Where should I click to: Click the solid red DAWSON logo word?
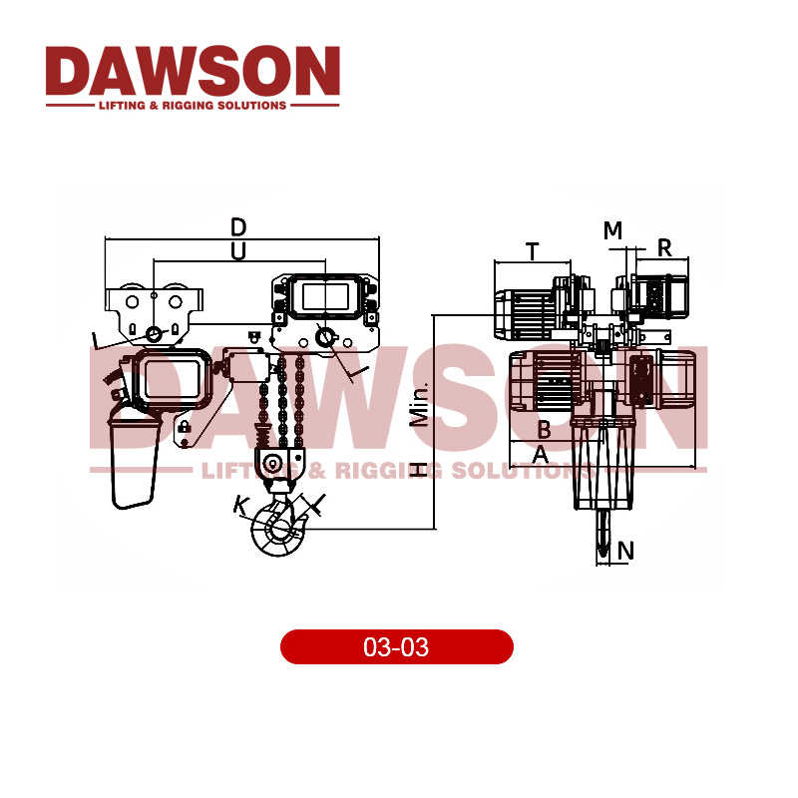point(193,71)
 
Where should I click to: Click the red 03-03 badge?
point(396,647)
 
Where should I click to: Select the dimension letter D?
point(238,226)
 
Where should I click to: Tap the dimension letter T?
point(533,251)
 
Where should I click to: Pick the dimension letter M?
point(612,230)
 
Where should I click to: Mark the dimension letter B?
point(544,430)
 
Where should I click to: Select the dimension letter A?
point(540,455)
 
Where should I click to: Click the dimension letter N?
point(625,550)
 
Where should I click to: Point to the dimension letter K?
point(240,506)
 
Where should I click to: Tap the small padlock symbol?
point(184,428)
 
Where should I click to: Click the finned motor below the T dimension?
point(526,311)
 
